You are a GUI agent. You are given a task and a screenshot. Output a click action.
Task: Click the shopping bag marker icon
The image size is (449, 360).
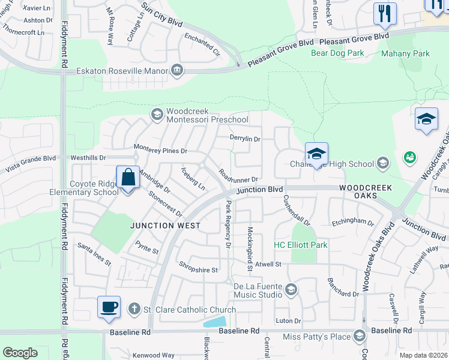(x=128, y=178)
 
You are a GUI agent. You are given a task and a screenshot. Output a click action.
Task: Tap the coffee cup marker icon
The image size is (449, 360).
(x=109, y=308)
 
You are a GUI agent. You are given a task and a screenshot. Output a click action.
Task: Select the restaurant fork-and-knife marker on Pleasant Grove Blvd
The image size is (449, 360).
(x=385, y=14)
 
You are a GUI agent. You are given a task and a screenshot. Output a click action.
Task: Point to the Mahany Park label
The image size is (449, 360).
(x=405, y=53)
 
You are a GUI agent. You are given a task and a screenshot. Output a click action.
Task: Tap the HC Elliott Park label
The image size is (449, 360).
(x=301, y=245)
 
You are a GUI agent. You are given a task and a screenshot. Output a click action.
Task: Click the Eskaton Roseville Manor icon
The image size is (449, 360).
(x=177, y=71)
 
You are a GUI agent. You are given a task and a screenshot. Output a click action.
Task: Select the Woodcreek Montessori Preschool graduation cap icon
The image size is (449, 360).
(x=157, y=115)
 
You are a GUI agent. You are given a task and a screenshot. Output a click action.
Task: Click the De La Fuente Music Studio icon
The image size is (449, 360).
(x=291, y=290)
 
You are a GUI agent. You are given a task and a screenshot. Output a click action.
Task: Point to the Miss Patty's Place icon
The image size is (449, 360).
(x=360, y=336)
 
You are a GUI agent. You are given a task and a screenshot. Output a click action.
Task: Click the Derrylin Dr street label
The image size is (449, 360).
(x=245, y=139)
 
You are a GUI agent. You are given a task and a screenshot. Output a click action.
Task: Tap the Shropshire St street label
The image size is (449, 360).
(x=198, y=270)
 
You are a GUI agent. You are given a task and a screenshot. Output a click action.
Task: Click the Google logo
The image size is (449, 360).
(x=20, y=353)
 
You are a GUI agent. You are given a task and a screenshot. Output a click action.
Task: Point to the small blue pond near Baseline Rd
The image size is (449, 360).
(x=214, y=321)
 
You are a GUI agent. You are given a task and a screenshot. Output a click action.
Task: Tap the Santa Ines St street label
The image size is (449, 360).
(x=95, y=254)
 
